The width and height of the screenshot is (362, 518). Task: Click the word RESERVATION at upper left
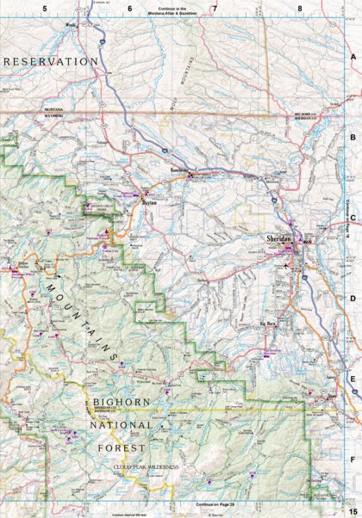[51, 61]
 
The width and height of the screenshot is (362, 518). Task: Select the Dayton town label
[150, 203]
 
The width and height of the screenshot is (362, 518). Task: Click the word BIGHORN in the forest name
[121, 402]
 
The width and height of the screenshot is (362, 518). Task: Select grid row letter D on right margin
[353, 299]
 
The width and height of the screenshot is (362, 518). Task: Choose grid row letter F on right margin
[353, 460]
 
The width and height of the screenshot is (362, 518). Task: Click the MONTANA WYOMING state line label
[59, 114]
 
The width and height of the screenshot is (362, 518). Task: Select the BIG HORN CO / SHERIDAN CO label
[306, 116]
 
